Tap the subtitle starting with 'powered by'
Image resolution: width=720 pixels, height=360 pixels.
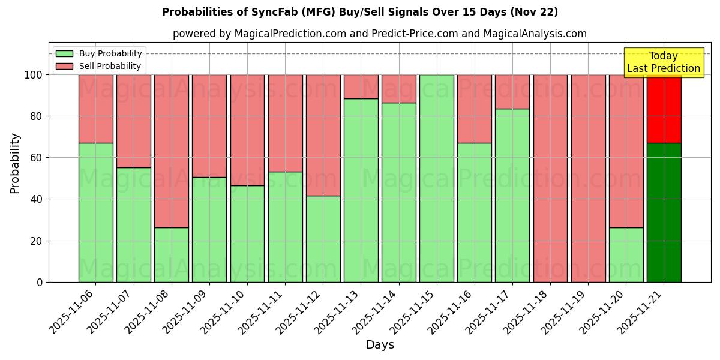tap(379, 34)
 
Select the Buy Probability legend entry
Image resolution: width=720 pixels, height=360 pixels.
tap(99, 53)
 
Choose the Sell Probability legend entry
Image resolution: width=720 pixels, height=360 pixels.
tap(99, 66)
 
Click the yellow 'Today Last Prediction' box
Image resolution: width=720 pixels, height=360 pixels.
tap(663, 62)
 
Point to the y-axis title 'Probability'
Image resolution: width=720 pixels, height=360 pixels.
tap(15, 163)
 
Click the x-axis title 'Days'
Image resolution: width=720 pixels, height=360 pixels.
tap(380, 345)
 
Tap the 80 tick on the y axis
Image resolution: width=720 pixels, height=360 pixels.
tap(38, 116)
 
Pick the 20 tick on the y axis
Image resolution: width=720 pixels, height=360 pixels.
tap(38, 241)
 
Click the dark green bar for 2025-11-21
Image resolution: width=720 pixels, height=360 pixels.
tap(664, 212)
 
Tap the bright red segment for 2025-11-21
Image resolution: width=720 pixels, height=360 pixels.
tap(664, 109)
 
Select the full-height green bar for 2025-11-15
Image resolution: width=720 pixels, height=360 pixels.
tap(436, 178)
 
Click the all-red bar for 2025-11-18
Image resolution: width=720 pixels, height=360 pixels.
tap(550, 178)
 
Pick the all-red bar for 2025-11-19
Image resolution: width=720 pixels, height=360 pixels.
tap(588, 178)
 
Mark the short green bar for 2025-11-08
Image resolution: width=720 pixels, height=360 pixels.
tap(171, 254)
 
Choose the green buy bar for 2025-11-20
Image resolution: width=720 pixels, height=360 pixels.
tap(626, 254)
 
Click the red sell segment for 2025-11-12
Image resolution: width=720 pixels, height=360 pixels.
tap(323, 135)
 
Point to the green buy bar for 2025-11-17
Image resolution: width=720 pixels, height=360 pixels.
tap(512, 195)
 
